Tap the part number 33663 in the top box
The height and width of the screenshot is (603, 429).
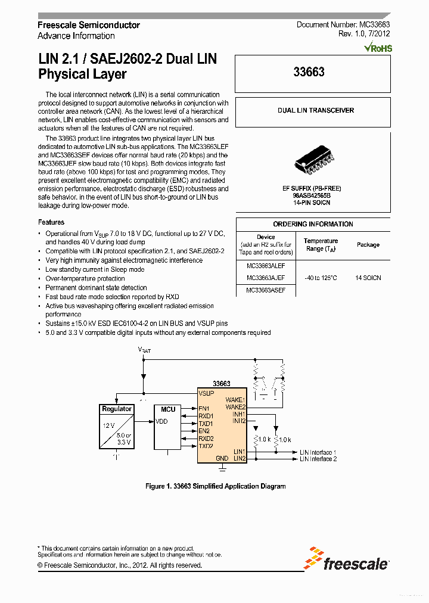[x=309, y=73]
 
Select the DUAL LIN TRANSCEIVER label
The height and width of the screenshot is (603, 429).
[x=315, y=110]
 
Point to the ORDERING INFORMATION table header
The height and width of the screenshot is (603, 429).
[x=313, y=224]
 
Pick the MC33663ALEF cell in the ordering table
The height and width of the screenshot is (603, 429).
[x=265, y=266]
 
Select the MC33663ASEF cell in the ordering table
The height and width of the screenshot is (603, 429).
[x=265, y=290]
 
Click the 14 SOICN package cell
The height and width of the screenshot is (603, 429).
[x=368, y=278]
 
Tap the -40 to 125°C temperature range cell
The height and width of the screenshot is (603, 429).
[x=320, y=278]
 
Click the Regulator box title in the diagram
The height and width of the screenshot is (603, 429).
[x=117, y=409]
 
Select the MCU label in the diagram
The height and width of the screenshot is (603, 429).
[x=168, y=409]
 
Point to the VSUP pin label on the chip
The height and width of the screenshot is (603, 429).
[x=206, y=394]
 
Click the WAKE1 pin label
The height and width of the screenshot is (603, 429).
[x=235, y=400]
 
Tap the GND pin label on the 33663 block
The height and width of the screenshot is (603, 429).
[x=222, y=459]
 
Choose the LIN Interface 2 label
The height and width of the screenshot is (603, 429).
[x=318, y=459]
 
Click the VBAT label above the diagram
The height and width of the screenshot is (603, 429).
[x=144, y=350]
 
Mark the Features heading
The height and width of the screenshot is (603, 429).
[x=51, y=222]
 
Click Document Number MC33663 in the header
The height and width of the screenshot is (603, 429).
[x=343, y=25]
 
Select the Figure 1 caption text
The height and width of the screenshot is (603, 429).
[x=216, y=486]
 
